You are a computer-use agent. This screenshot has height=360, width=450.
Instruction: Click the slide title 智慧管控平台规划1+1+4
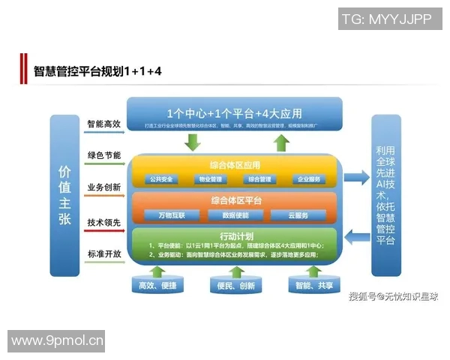click(98, 71)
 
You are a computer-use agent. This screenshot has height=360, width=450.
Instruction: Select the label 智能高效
click(103, 124)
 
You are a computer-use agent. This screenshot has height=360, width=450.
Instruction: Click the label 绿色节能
click(103, 155)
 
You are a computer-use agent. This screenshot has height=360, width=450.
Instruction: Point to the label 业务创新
click(103, 187)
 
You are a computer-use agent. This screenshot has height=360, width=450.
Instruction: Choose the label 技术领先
click(103, 223)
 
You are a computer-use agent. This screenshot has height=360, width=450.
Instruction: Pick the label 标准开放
click(103, 254)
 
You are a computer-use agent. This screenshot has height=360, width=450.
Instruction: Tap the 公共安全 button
click(161, 180)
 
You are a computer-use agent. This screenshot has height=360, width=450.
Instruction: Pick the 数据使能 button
click(235, 215)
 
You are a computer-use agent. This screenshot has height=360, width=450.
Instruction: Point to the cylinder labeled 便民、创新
click(235, 286)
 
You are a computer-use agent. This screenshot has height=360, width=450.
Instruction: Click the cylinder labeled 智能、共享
click(314, 286)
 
